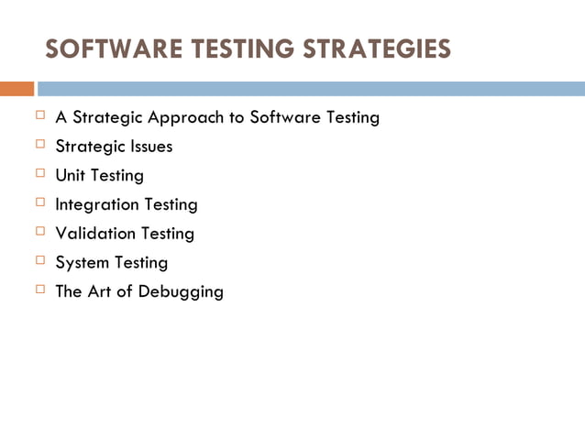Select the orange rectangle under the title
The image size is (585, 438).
[x=17, y=89]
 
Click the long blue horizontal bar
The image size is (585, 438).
[x=310, y=89]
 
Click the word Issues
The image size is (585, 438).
[x=152, y=146]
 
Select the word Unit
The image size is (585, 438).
[x=70, y=175]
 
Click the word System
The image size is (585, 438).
[x=82, y=263]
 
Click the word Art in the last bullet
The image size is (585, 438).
[x=101, y=292]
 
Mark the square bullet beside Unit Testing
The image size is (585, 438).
[x=39, y=173]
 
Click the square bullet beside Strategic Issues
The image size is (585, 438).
[x=39, y=144]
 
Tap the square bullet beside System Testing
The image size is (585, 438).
[x=39, y=261]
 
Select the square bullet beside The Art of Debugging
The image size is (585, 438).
[x=39, y=290]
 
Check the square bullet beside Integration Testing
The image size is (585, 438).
[x=39, y=203]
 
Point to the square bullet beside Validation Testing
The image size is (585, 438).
[x=39, y=232]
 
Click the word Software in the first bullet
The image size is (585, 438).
[x=281, y=117]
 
